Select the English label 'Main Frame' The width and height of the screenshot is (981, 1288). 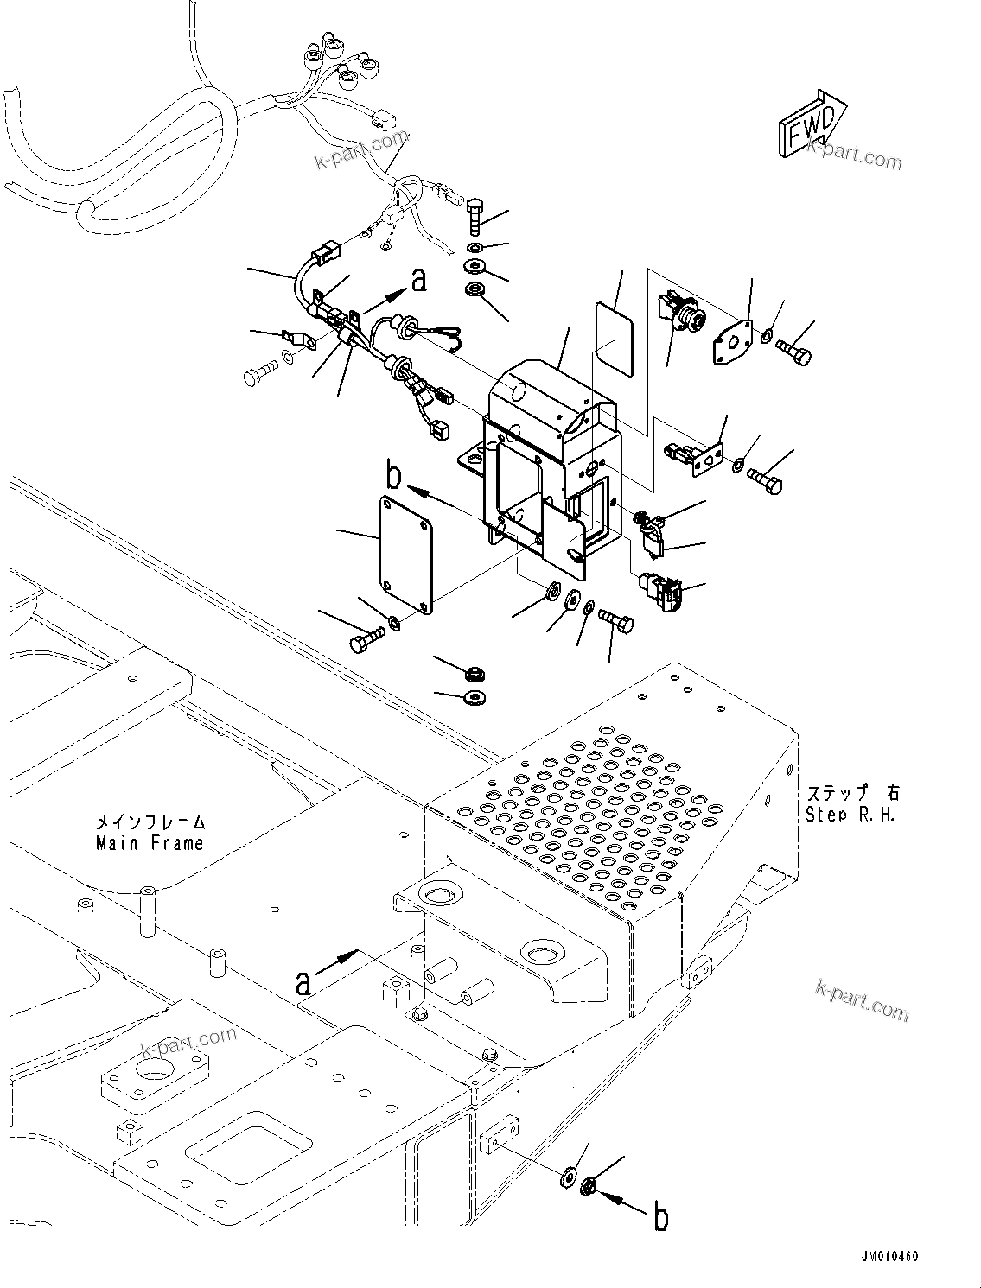click(150, 843)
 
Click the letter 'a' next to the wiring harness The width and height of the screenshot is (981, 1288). click(418, 279)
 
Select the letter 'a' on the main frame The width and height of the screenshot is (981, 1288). click(303, 982)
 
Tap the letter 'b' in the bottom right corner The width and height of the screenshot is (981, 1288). click(661, 1218)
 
